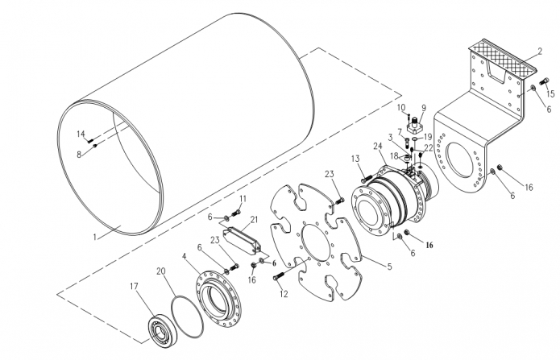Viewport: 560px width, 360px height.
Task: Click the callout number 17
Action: point(134,287)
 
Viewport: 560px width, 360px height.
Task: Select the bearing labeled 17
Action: point(164,330)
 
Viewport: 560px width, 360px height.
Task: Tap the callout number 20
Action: point(161,271)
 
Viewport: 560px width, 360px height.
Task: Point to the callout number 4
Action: point(185,256)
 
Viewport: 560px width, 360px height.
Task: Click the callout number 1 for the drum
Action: point(94,237)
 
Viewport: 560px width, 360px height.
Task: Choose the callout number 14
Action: point(81,134)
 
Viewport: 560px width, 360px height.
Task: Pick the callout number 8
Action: point(79,155)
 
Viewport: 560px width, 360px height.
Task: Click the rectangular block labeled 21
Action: point(242,241)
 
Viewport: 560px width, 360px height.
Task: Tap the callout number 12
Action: point(284,294)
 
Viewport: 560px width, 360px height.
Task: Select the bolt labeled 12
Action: point(278,276)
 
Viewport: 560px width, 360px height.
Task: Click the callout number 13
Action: point(355,159)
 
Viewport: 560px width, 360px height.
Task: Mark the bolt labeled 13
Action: point(367,178)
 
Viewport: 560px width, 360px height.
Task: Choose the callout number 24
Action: point(378,146)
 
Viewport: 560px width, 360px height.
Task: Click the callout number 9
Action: point(424,108)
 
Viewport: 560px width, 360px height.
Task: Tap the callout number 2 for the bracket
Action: point(540,52)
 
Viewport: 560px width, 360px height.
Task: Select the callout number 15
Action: point(550,93)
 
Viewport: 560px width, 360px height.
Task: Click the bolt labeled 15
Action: point(545,81)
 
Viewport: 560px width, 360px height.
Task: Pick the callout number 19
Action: point(428,137)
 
